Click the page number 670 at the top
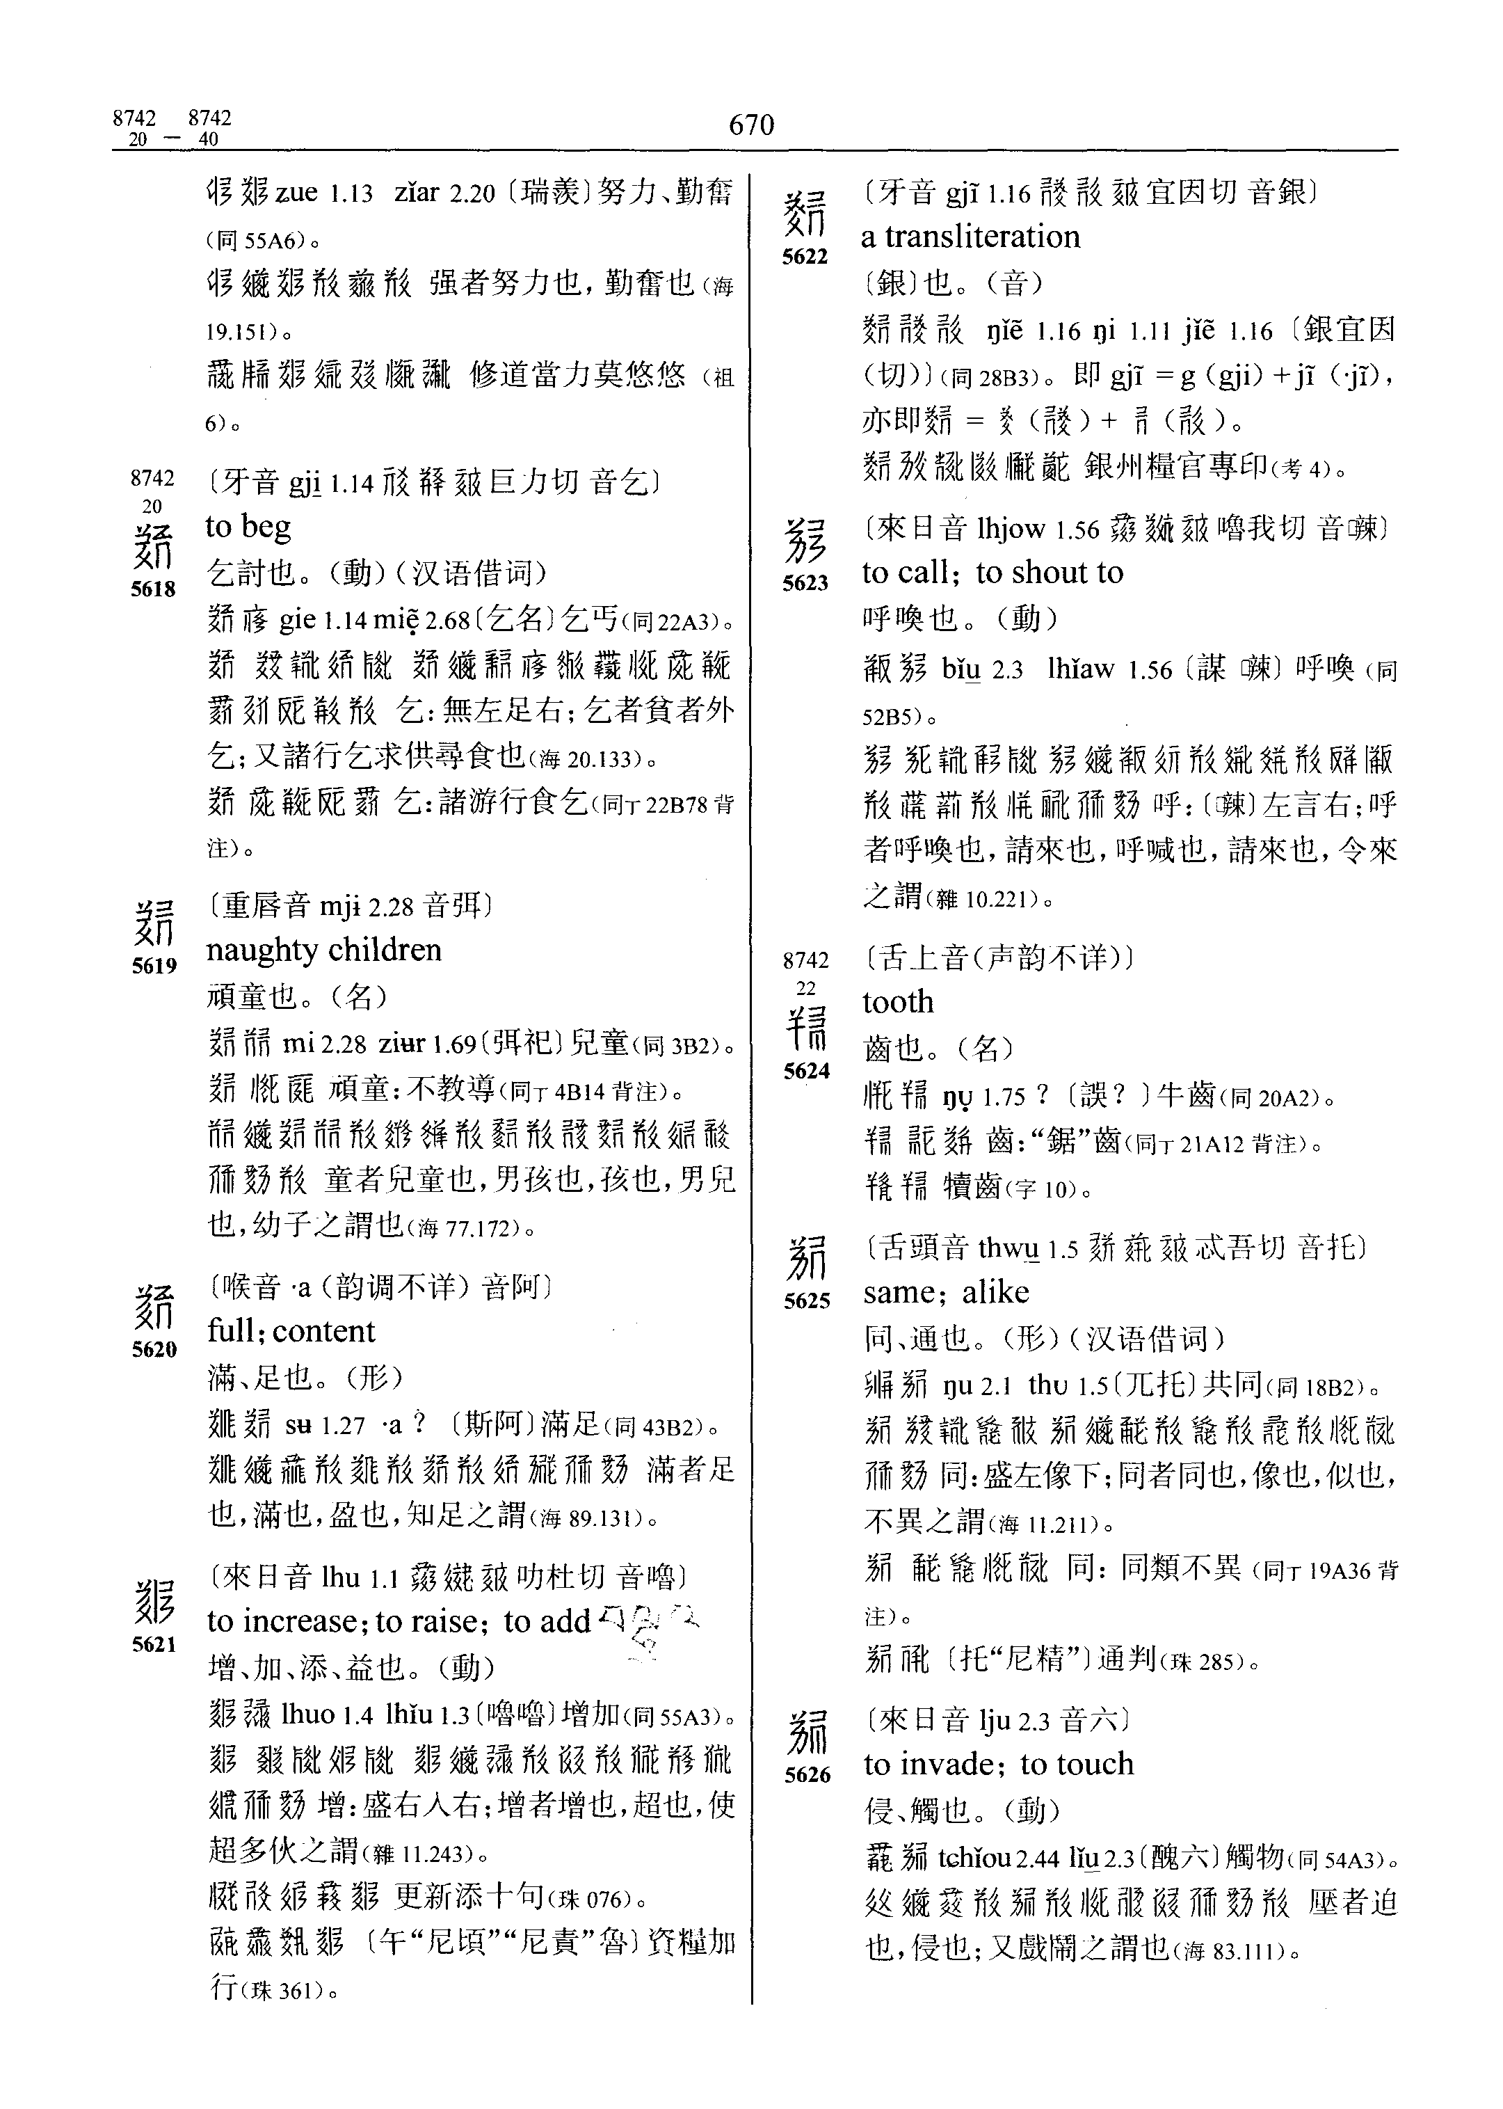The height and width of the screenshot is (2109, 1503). coord(750,125)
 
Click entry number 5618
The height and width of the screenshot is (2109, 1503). coord(154,589)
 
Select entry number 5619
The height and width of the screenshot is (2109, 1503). coord(154,966)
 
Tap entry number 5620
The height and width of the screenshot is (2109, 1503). coord(154,1349)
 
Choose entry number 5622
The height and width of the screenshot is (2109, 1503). coord(805,257)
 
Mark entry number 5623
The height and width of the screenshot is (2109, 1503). coord(805,583)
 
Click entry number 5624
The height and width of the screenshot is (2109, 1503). coord(806,1071)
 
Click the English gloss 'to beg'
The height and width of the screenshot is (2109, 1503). coord(248,527)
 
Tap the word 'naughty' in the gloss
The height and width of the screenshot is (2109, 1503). coord(262,950)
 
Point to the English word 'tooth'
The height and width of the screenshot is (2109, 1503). coord(898,1002)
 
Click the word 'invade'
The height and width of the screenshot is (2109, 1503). coord(949,1765)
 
